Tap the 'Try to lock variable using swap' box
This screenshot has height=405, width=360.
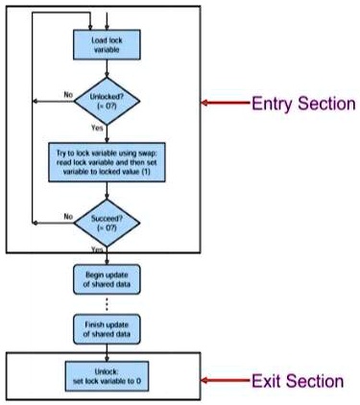(x=106, y=160)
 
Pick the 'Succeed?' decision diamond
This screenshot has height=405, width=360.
(x=106, y=222)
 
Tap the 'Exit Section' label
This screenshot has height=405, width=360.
(x=297, y=381)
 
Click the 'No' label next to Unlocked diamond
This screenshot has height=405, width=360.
(x=68, y=94)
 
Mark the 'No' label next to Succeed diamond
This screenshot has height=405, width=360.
(x=68, y=217)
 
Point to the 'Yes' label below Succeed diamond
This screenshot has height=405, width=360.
(x=97, y=249)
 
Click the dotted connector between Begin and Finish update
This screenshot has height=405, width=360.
(x=106, y=304)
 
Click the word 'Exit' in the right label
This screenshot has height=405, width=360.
(x=266, y=381)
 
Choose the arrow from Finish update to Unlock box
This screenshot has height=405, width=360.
(x=106, y=348)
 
